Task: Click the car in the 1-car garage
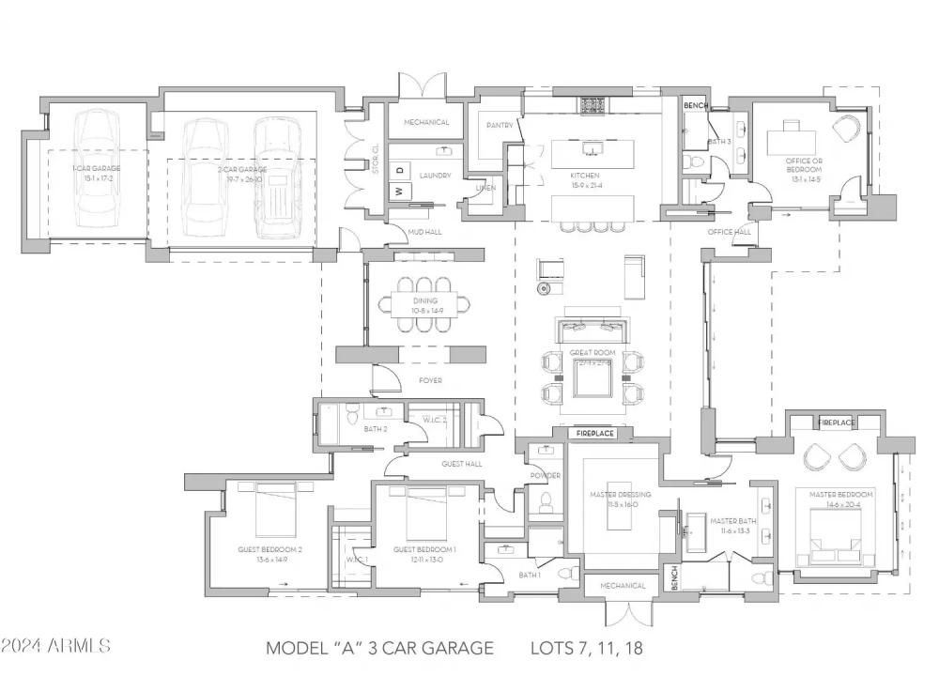click(x=98, y=169)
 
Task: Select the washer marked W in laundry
click(x=398, y=192)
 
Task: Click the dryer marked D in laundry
click(x=398, y=171)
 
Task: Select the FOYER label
click(x=430, y=380)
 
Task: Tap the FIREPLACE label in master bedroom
click(x=837, y=422)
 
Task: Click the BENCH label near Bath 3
click(x=696, y=105)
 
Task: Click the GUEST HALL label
click(x=462, y=464)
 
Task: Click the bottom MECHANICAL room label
click(x=623, y=586)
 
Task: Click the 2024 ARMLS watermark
click(x=56, y=646)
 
